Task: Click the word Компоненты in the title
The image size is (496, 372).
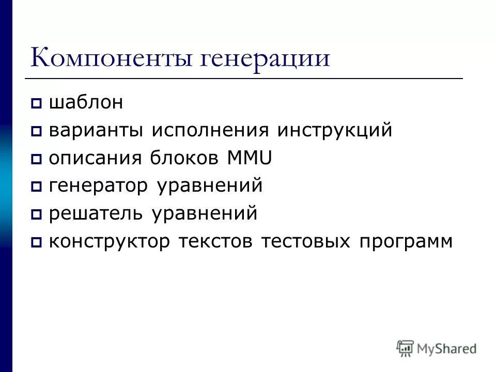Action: (x=112, y=58)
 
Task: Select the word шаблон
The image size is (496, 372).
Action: (x=86, y=103)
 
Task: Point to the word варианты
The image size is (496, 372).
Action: (x=96, y=131)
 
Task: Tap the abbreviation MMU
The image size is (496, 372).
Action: (x=250, y=158)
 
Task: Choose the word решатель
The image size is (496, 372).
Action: (x=96, y=213)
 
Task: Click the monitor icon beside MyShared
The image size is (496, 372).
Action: (x=406, y=348)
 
